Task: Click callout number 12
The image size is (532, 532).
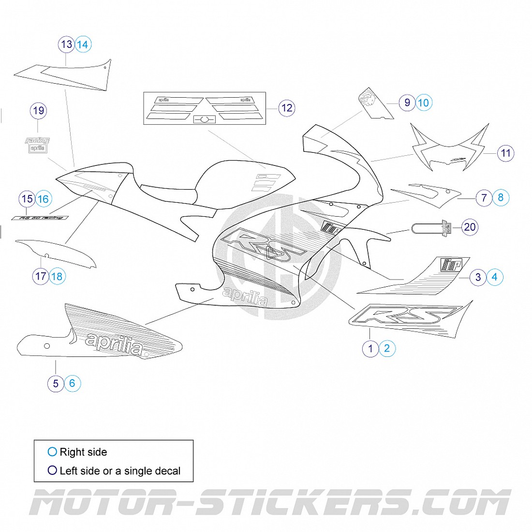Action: tap(287, 108)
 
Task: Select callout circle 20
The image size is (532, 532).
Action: tap(470, 227)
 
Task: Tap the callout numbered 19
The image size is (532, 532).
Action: tap(39, 111)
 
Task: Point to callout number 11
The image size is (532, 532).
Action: tap(505, 153)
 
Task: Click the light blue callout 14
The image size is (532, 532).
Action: tap(83, 44)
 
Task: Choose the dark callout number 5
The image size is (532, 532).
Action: tap(56, 384)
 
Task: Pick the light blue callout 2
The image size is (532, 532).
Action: tap(387, 348)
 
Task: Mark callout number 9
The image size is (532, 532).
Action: tap(407, 103)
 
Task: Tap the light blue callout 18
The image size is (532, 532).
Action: tap(57, 277)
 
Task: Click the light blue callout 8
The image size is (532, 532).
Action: tap(501, 197)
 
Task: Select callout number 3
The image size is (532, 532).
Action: tap(478, 277)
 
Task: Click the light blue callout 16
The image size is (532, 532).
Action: tap(43, 199)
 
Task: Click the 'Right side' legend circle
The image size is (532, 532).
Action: tap(52, 452)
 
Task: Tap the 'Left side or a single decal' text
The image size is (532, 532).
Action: tap(119, 471)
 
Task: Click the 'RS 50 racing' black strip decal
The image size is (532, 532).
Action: tap(40, 218)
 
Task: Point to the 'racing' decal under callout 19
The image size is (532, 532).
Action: tap(38, 141)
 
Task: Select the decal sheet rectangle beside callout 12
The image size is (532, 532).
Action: tap(206, 109)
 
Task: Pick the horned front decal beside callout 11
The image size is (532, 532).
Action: tap(447, 148)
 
